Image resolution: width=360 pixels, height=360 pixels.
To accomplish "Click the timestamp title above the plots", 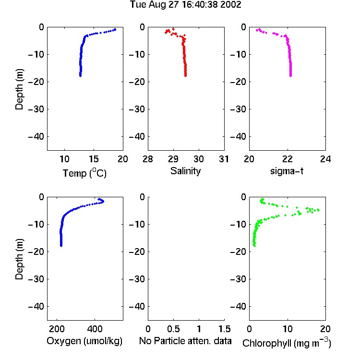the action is tap(185, 5).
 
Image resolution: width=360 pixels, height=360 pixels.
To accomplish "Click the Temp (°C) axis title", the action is tap(84, 173).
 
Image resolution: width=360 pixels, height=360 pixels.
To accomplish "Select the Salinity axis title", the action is tap(185, 171).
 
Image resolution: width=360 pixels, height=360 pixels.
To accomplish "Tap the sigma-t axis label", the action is tap(287, 171).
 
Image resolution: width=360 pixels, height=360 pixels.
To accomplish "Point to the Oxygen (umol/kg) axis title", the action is tap(84, 341).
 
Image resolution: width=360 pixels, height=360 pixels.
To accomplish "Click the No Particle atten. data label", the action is tap(185, 341).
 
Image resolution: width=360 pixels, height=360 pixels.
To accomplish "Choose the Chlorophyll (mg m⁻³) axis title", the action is tap(287, 343).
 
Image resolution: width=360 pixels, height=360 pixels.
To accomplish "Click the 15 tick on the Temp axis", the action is tap(94, 159).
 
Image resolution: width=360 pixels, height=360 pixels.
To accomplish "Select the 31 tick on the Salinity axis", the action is tap(224, 159).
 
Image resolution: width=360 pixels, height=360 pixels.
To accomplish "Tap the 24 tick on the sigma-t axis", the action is tap(325, 159).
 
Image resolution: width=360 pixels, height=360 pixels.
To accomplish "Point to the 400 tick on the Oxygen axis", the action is tap(95, 329).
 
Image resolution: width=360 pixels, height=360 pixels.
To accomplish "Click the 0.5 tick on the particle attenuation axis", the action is tap(173, 329).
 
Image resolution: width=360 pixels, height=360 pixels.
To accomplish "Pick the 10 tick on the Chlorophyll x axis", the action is tap(288, 329).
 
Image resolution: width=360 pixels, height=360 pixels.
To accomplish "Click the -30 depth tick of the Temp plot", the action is tap(36, 109).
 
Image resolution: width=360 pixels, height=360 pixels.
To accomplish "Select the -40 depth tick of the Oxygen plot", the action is tap(36, 306).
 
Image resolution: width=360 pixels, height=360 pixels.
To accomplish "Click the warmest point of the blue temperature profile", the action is tap(115, 29).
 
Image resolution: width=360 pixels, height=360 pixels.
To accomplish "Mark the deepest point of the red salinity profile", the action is tap(185, 76).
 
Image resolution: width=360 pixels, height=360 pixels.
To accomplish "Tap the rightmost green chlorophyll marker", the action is tap(318, 210).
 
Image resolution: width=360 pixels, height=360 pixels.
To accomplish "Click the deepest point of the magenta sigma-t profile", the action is tap(291, 76).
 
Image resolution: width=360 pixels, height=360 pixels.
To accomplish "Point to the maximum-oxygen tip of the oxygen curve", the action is tap(103, 201).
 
